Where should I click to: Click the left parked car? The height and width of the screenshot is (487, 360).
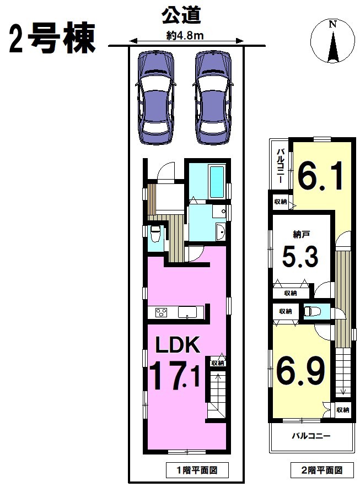coord(155,97)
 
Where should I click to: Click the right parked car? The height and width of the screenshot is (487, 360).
coord(213,97)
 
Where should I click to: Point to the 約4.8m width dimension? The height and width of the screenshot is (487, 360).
coord(185,36)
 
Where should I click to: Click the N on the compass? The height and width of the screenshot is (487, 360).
coord(332,24)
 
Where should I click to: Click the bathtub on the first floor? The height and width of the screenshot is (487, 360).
coord(217,182)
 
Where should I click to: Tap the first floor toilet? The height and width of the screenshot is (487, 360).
coord(155,234)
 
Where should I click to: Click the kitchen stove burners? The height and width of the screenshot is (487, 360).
coord(162,312)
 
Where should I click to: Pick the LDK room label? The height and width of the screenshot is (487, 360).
coord(178,345)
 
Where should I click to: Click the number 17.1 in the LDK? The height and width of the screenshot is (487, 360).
coord(174,376)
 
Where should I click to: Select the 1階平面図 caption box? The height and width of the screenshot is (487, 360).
coord(197,470)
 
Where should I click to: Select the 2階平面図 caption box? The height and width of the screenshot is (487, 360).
coord(322,470)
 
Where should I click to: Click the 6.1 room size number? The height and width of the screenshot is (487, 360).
coord(320,176)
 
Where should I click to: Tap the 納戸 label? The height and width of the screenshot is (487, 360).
coord(300,235)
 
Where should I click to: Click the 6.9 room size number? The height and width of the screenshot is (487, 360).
coord(301,370)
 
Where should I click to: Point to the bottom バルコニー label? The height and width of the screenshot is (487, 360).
coord(311,436)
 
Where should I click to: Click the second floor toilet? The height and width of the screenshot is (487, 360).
coord(310,311)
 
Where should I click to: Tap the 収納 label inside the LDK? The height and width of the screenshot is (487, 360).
coord(218,362)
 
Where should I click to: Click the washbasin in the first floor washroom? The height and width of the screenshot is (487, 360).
coord(221,231)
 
